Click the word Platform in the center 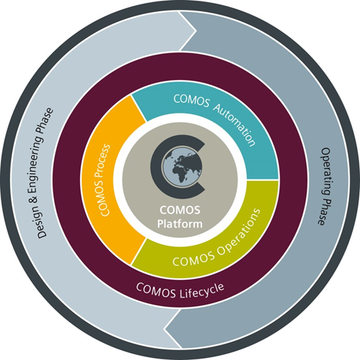(180, 223)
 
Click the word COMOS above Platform (180, 210)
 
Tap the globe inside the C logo (181, 167)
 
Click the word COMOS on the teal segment (191, 101)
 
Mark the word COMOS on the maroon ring (156, 290)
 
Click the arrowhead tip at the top (196, 30)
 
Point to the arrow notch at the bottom (165, 328)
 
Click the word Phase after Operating (323, 211)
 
